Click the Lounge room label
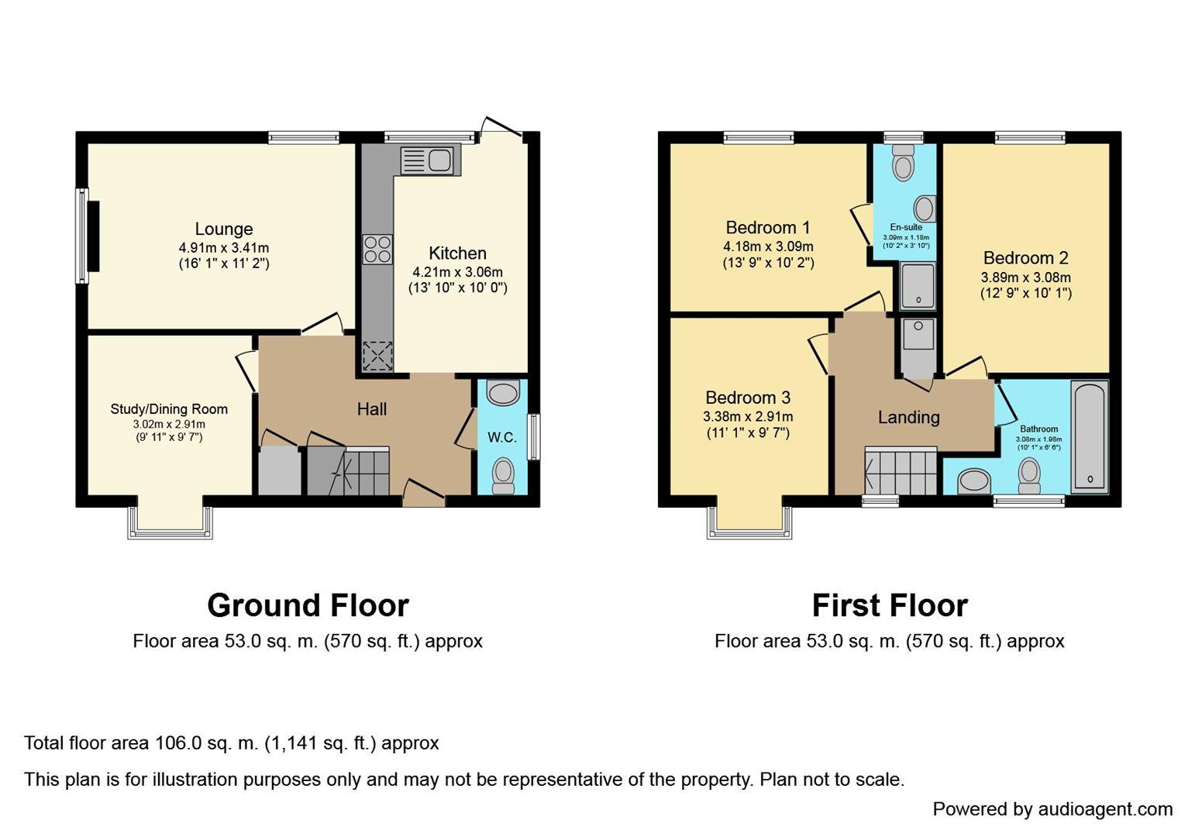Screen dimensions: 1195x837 tap(223, 229)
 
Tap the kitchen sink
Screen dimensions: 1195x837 tap(431, 160)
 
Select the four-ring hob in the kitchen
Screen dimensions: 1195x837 tap(377, 250)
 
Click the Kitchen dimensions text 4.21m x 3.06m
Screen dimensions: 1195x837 tap(457, 272)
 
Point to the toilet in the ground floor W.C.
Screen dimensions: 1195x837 tap(502, 475)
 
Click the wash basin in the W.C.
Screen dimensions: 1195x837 tap(503, 393)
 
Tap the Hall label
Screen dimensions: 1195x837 tap(372, 409)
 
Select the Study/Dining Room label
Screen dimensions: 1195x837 tap(169, 409)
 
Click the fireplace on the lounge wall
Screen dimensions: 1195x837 tap(93, 236)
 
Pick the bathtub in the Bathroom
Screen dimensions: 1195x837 tap(1090, 436)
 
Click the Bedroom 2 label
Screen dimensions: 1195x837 tap(1026, 258)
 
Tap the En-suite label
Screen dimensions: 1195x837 tap(906, 227)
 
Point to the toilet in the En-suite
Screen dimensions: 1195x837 tap(903, 163)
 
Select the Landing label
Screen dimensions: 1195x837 tap(909, 417)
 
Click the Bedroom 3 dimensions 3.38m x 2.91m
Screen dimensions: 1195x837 tap(748, 417)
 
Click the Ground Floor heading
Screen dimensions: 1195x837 tap(308, 605)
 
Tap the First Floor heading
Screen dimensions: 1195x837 tap(890, 605)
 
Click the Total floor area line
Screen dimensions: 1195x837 tap(232, 743)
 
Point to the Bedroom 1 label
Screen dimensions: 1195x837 tap(768, 228)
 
